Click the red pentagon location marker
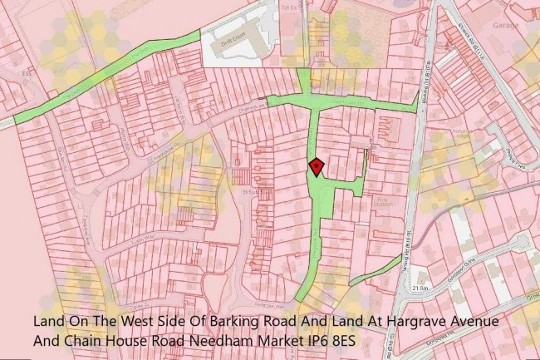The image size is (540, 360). click(x=316, y=167)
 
